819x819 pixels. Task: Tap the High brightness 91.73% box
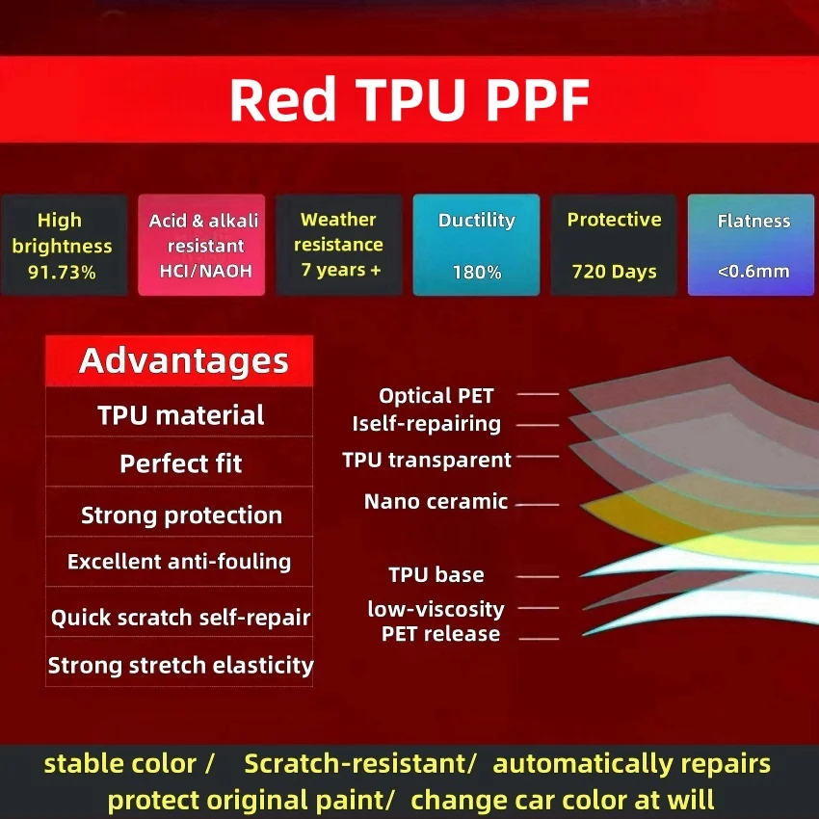tap(63, 246)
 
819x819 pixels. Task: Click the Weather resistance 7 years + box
tap(341, 246)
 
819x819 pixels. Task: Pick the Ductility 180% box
tap(477, 246)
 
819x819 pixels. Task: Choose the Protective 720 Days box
tap(615, 246)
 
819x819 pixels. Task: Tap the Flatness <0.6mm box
tap(753, 246)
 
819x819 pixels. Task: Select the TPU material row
tap(180, 415)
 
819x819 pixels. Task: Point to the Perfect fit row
tap(180, 463)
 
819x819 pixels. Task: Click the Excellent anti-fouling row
tap(180, 562)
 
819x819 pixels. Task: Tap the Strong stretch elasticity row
tap(180, 665)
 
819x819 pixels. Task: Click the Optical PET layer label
tap(436, 395)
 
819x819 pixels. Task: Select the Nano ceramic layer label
tap(436, 501)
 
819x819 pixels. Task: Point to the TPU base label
tap(436, 575)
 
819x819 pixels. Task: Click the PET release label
tap(440, 634)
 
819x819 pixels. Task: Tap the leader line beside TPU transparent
tap(538, 457)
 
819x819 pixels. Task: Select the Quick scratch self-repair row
tap(180, 617)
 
